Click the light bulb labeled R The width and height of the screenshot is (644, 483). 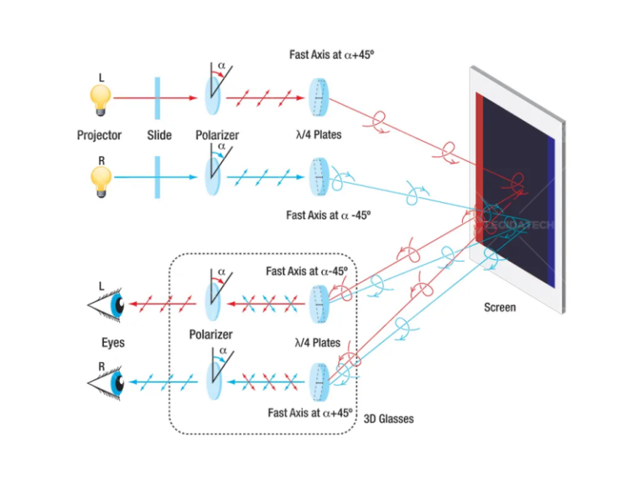pyautogui.click(x=101, y=181)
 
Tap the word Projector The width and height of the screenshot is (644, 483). pyautogui.click(x=99, y=135)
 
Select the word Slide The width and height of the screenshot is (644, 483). pyautogui.click(x=159, y=135)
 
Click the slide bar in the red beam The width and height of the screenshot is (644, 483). pyautogui.click(x=158, y=98)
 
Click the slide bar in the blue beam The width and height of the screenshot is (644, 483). pyautogui.click(x=158, y=177)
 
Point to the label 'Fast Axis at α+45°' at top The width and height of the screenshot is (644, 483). pyautogui.click(x=332, y=55)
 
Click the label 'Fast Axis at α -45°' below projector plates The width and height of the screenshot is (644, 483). pyautogui.click(x=328, y=215)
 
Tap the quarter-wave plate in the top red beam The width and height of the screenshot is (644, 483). pyautogui.click(x=319, y=98)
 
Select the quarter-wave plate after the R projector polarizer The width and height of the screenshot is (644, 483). pyautogui.click(x=319, y=177)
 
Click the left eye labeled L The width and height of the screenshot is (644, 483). pyautogui.click(x=107, y=304)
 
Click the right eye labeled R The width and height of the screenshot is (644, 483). pyautogui.click(x=107, y=382)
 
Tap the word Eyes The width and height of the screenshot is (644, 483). pyautogui.click(x=113, y=342)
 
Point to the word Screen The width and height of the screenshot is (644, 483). pyautogui.click(x=500, y=307)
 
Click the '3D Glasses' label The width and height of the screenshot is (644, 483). pyautogui.click(x=388, y=418)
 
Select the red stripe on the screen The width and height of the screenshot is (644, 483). pyautogui.click(x=480, y=169)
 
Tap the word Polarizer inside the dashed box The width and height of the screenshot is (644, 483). pyautogui.click(x=210, y=335)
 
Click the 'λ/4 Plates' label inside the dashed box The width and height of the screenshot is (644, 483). pyautogui.click(x=318, y=342)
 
